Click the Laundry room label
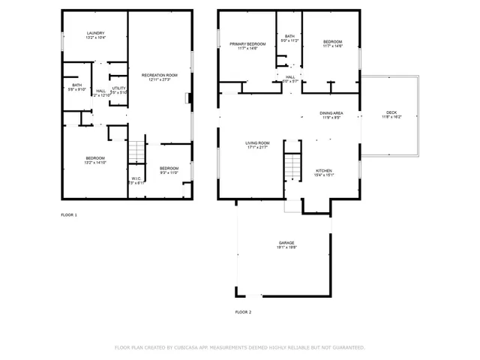95,33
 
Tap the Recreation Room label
160,75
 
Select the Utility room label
118,88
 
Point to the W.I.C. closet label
136,178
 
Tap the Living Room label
257,142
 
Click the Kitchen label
324,170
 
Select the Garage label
286,243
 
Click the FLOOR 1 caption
69,215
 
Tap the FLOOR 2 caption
243,311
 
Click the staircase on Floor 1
135,151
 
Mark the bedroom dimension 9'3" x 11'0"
169,172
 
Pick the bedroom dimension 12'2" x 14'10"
95,162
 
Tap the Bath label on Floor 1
76,85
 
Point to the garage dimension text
286,247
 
